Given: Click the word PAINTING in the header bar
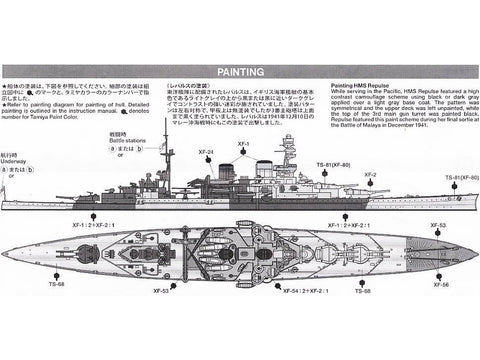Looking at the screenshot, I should [x=240, y=71].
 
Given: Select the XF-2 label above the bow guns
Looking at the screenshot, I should [x=370, y=174].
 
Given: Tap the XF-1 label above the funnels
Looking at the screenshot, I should [x=243, y=144].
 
